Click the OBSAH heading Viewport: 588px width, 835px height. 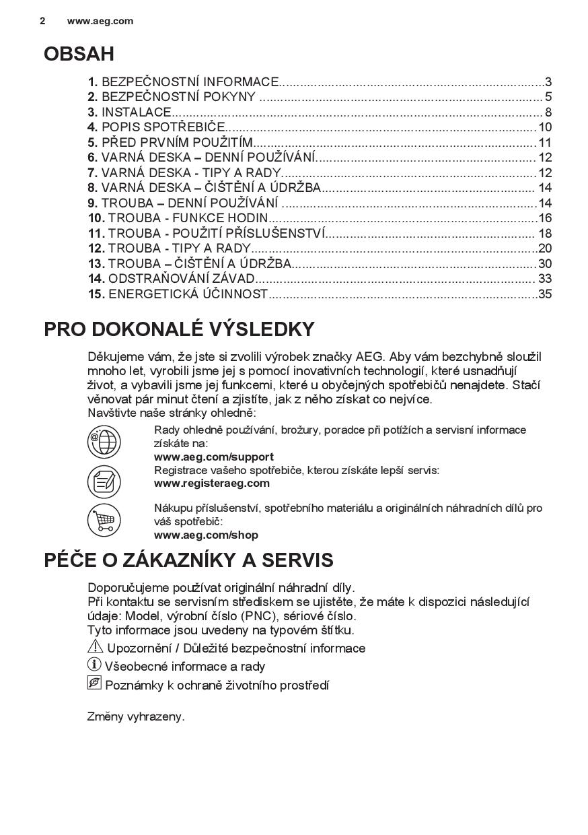[x=79, y=54]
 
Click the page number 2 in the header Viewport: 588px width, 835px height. [x=42, y=21]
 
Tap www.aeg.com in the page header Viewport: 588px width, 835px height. [x=100, y=21]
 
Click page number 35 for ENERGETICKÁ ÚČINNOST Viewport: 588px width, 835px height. [x=545, y=294]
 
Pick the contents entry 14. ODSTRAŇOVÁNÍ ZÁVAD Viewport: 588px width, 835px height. [x=172, y=279]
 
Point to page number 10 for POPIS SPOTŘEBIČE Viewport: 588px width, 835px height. [x=545, y=127]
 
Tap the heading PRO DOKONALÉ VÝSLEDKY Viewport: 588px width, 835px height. [x=179, y=329]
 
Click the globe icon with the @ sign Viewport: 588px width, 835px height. [x=104, y=442]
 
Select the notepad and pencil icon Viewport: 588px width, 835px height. [x=104, y=481]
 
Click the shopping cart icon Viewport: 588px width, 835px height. [x=104, y=521]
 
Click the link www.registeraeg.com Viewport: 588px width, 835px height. [x=211, y=483]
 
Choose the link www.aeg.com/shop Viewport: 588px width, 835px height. [x=205, y=535]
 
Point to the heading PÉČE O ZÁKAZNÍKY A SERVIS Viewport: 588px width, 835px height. [x=188, y=560]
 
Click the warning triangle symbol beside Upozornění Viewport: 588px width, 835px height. [x=95, y=646]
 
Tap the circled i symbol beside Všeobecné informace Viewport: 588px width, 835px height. [x=94, y=665]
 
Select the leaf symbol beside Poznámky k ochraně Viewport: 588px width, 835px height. [x=94, y=683]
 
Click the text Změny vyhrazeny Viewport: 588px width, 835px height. [x=135, y=716]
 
